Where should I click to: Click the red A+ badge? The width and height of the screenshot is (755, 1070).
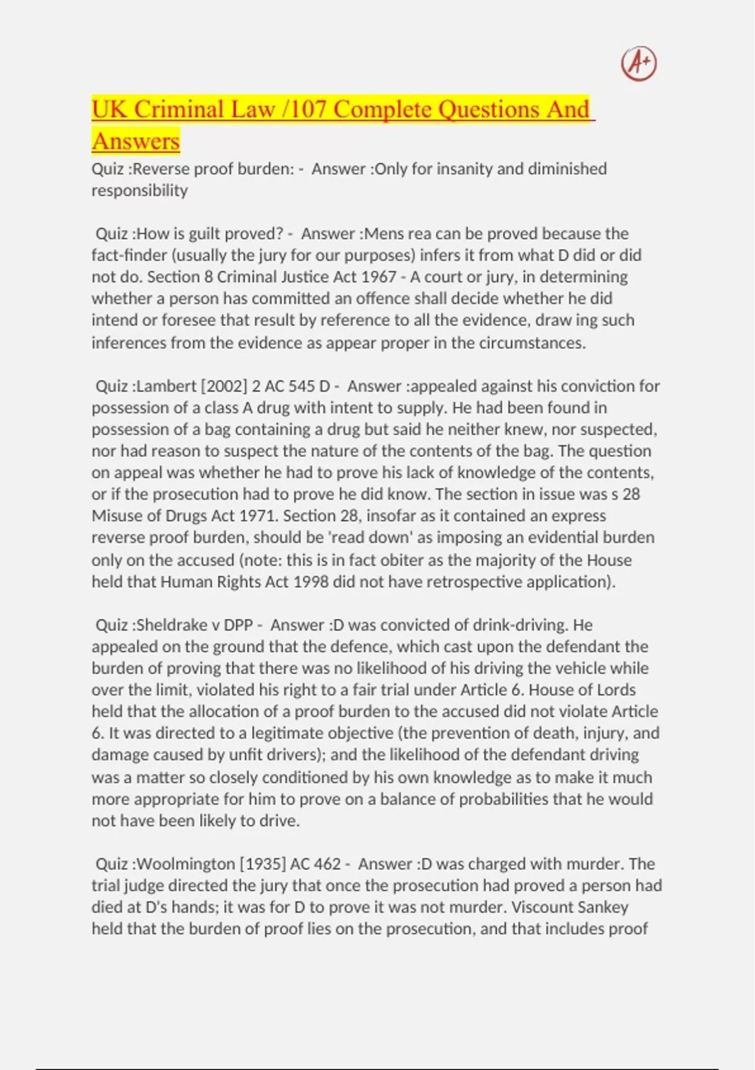pyautogui.click(x=639, y=64)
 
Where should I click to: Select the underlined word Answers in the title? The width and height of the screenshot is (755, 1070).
pyautogui.click(x=136, y=141)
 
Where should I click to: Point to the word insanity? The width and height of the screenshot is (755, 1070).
pyautogui.click(x=466, y=169)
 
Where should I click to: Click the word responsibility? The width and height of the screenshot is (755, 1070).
pyautogui.click(x=140, y=190)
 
